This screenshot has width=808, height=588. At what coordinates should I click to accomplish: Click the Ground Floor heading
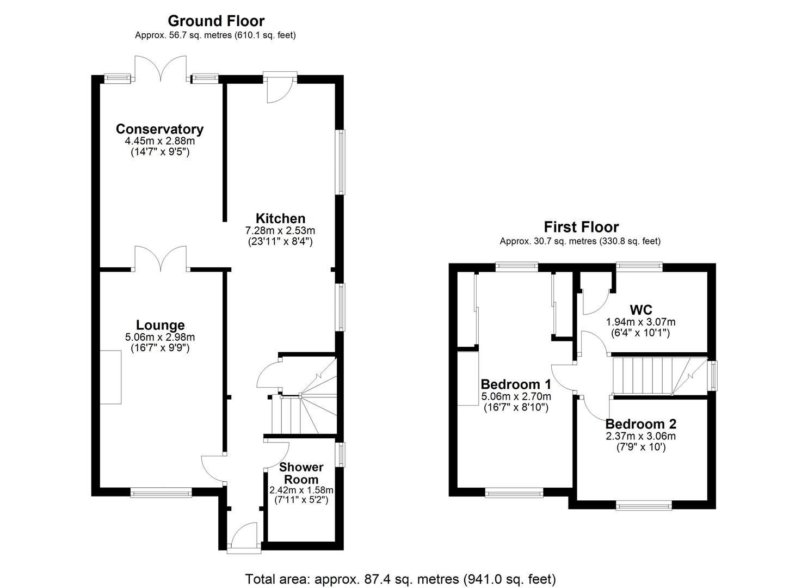point(215,21)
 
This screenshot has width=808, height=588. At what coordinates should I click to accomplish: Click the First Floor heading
point(581,227)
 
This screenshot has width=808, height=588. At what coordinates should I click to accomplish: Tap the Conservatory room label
point(159,129)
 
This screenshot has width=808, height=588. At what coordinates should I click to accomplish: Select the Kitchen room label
point(280,219)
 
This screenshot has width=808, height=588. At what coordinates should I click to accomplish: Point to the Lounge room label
point(160,325)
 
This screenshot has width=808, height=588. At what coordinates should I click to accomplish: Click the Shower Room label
point(301,473)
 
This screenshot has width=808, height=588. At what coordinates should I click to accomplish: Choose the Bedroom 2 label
point(640,424)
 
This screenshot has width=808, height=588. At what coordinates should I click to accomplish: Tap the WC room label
point(640,310)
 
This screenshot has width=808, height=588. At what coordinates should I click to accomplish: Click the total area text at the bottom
point(400,578)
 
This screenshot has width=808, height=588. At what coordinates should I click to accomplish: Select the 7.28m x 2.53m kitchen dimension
point(280,230)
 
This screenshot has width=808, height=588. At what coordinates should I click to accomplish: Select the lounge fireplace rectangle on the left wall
point(110,377)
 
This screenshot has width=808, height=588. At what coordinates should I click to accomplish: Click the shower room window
point(341,454)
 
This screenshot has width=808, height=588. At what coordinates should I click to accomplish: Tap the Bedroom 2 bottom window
point(644,506)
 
